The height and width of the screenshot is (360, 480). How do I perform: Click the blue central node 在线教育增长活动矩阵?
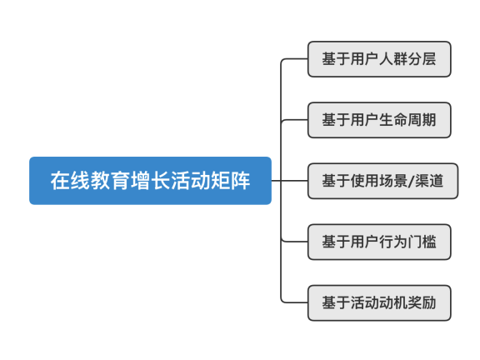[x=150, y=180]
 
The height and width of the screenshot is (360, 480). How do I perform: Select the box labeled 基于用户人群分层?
[x=379, y=59]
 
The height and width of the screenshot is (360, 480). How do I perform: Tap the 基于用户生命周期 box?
[x=379, y=120]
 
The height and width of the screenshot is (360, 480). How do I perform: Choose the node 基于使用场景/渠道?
[x=382, y=181]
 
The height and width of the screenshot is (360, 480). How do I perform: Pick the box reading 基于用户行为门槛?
[x=379, y=242]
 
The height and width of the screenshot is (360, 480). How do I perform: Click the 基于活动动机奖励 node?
[x=379, y=302]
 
